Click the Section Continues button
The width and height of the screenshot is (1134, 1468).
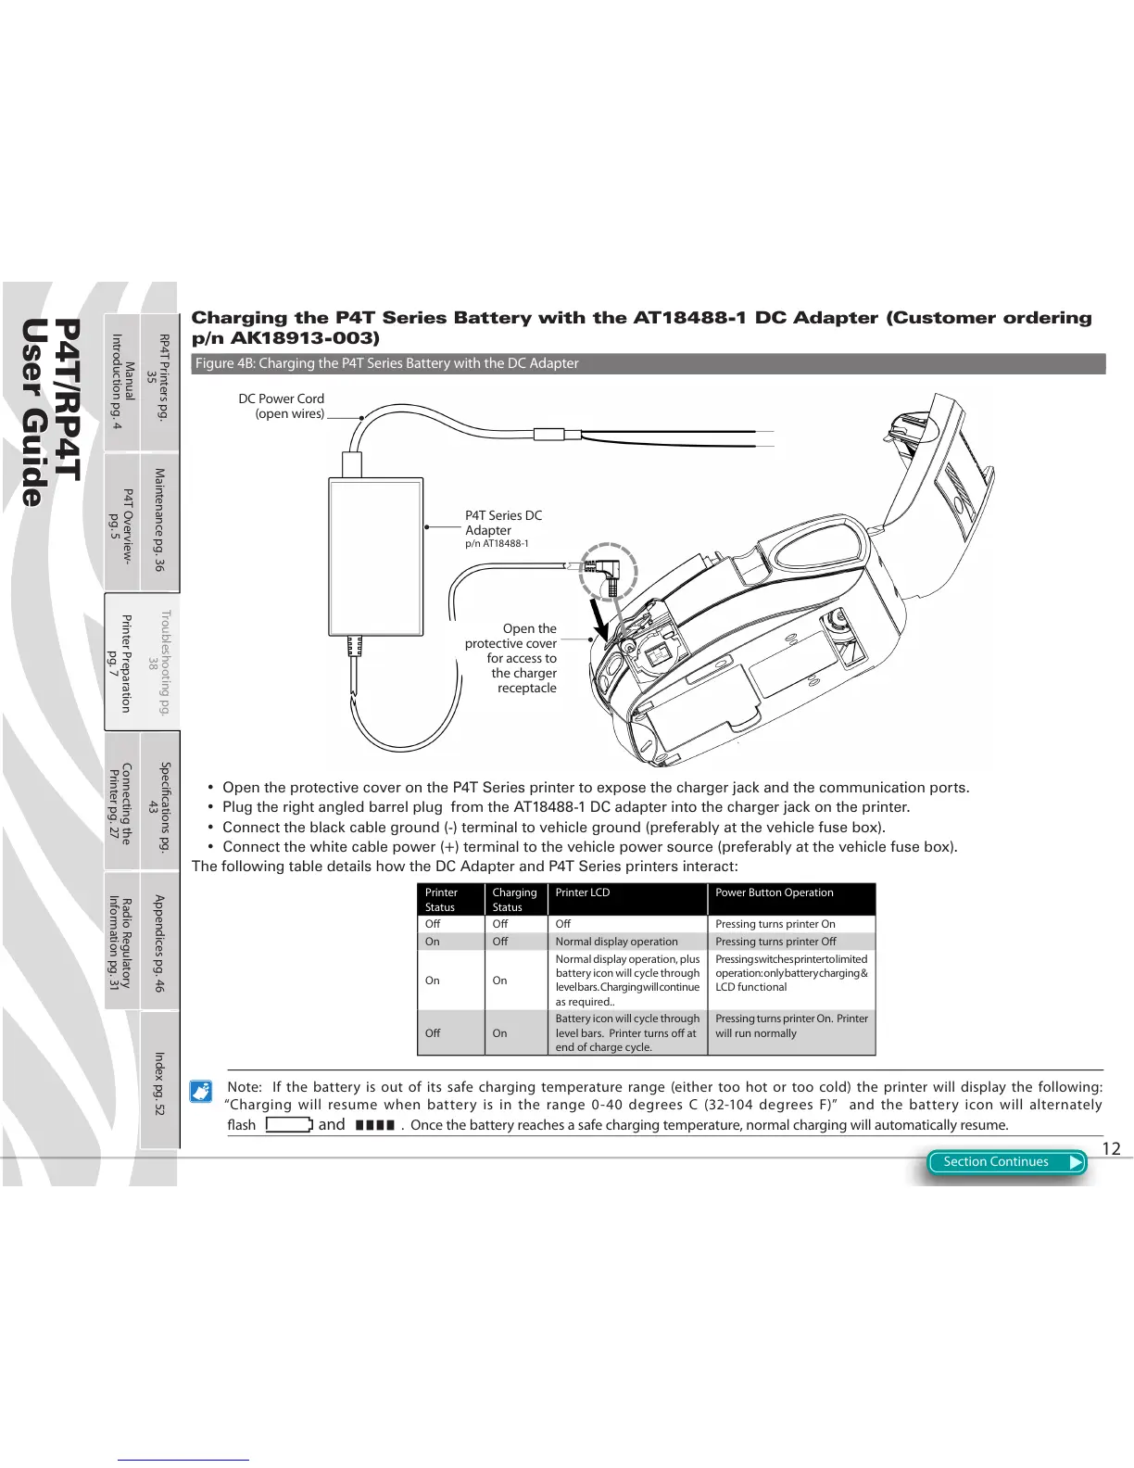tap(1005, 1162)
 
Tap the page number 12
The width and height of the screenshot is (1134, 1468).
tap(1111, 1149)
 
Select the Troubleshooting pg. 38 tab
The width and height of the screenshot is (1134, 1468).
tap(159, 662)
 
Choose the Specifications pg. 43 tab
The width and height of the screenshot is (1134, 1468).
tap(159, 801)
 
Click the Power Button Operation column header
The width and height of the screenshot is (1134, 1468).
tap(775, 892)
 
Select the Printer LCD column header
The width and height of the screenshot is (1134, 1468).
tap(582, 892)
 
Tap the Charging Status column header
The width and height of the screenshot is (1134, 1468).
tap(514, 900)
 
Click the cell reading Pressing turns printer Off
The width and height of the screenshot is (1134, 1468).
tap(775, 942)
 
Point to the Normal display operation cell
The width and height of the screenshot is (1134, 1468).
tap(616, 942)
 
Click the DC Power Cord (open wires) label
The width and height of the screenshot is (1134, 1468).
tap(282, 406)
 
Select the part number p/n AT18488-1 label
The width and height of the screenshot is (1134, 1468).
tap(497, 544)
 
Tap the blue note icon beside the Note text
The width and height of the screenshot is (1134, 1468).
tap(201, 1091)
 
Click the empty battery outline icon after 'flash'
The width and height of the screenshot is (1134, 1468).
tap(289, 1125)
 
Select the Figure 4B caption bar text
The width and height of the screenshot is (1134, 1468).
tap(386, 363)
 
